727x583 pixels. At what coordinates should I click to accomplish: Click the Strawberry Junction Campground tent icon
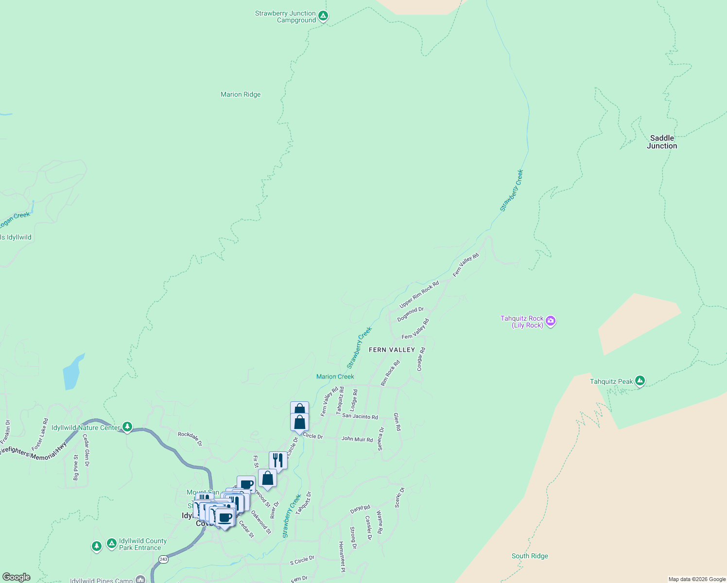click(323, 16)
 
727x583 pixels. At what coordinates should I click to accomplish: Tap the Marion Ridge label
click(241, 95)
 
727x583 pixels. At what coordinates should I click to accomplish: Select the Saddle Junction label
click(662, 142)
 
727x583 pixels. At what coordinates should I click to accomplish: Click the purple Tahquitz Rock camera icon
click(551, 321)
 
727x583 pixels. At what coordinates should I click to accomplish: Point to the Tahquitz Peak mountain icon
click(640, 381)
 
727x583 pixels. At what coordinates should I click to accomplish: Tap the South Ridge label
click(530, 556)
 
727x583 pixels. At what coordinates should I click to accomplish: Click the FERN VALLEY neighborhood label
click(392, 350)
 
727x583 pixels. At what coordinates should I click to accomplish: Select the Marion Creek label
click(335, 377)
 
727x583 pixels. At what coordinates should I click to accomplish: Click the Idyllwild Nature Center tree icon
click(127, 427)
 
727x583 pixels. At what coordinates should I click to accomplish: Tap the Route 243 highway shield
click(163, 560)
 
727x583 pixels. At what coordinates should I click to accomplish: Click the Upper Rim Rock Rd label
click(419, 294)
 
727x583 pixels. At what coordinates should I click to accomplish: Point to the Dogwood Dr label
click(410, 314)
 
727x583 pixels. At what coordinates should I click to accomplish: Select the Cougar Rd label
click(421, 360)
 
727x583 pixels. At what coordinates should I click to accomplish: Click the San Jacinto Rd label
click(360, 416)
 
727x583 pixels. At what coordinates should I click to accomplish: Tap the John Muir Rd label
click(357, 439)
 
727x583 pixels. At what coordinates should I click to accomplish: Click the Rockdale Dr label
click(190, 439)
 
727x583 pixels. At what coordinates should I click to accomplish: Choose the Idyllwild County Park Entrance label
click(142, 544)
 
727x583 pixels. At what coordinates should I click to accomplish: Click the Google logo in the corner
click(16, 577)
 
